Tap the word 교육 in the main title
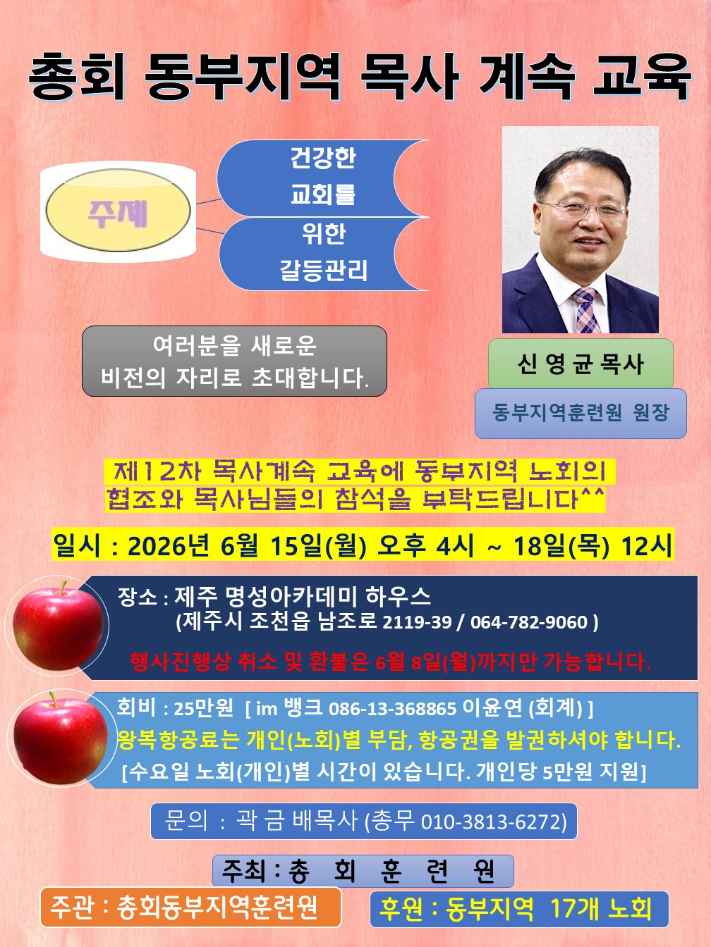(643, 78)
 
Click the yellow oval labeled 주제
(118, 210)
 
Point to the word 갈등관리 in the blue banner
(323, 270)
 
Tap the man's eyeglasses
(583, 209)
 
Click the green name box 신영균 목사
(581, 364)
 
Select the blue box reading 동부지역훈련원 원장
(581, 414)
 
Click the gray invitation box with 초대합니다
(234, 361)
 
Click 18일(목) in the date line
(561, 546)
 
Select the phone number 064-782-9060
(529, 623)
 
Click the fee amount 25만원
(204, 708)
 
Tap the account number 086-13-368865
(392, 709)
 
